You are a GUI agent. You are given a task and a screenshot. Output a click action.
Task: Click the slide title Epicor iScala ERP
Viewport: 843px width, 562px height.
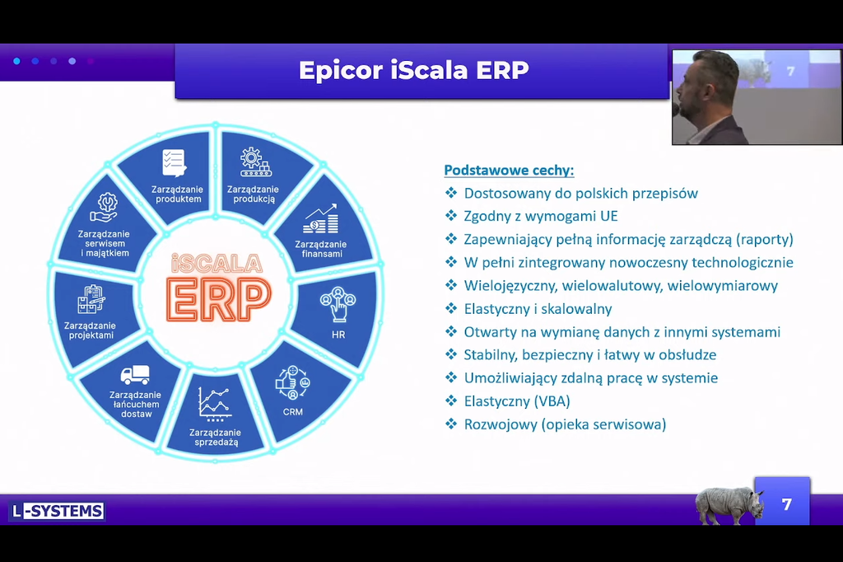pos(413,71)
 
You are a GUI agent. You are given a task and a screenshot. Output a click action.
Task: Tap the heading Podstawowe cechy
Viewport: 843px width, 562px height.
pos(509,171)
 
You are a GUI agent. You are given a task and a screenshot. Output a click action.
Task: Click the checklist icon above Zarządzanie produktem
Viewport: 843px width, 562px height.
pos(175,163)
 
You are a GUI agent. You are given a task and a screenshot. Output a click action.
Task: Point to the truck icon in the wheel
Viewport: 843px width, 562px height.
pos(135,375)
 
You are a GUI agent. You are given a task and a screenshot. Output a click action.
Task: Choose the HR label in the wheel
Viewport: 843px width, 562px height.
pos(338,335)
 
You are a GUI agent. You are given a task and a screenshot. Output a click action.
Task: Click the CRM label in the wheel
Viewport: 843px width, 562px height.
pos(293,412)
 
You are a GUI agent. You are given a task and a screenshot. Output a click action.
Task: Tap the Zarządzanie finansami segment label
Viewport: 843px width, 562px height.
pos(321,249)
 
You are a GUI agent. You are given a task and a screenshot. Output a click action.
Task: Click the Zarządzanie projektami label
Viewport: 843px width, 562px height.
pos(91,330)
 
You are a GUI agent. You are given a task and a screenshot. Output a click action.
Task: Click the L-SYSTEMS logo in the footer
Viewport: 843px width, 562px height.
pos(57,511)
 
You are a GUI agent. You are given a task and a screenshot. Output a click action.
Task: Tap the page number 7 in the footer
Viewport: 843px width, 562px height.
pos(786,504)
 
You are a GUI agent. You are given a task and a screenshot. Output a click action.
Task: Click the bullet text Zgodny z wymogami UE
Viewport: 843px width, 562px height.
pos(541,217)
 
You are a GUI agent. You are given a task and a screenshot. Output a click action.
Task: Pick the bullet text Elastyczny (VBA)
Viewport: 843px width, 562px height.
pos(517,401)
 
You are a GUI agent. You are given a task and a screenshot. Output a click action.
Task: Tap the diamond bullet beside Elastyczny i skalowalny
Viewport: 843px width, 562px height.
pos(451,308)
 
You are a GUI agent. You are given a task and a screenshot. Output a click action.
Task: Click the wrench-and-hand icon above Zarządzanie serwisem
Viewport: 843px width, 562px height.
pos(105,208)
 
